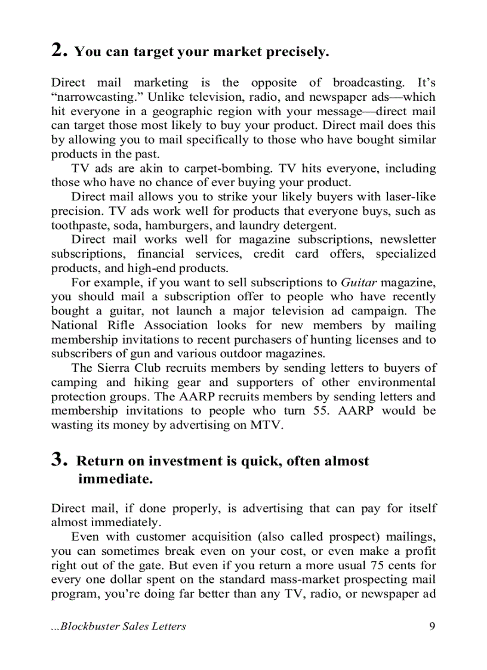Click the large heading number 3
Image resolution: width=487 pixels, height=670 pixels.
pos(58,459)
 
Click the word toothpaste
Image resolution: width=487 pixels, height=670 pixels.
pos(78,226)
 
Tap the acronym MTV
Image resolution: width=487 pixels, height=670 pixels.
pos(267,425)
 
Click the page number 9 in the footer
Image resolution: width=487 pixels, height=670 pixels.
pos(432,626)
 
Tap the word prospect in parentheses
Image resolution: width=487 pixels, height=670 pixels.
pos(352,536)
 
